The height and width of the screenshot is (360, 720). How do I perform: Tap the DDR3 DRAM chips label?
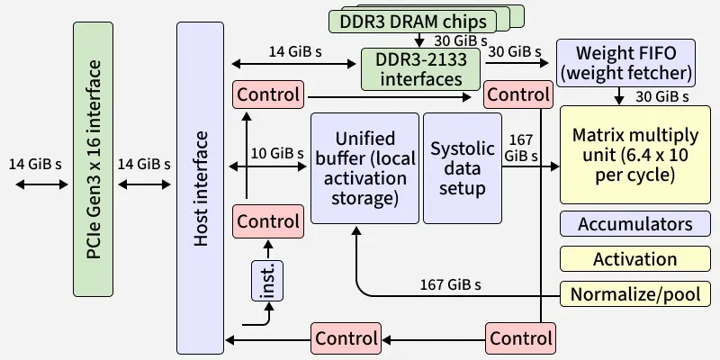pos(414,20)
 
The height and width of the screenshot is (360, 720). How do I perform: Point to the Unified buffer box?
pos(364,167)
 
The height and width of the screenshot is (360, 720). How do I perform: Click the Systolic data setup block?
pos(463,167)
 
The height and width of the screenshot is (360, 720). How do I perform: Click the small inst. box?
pos(267,281)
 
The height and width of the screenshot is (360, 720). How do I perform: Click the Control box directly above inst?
pos(267,220)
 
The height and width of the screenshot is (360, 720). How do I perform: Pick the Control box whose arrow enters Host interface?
pos(346,338)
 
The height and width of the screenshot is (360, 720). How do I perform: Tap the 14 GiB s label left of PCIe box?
pos(35,164)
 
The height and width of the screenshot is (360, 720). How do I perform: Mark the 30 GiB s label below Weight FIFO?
pos(661,95)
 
